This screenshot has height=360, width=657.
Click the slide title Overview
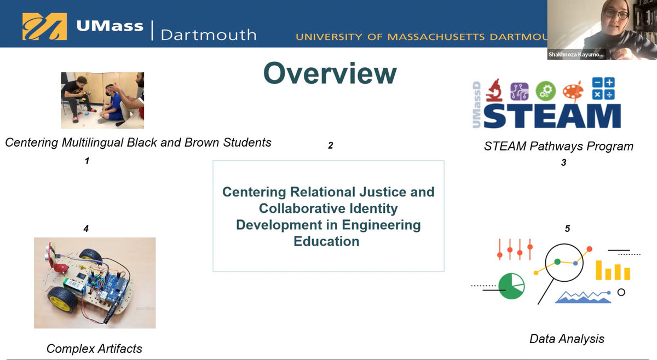(330, 73)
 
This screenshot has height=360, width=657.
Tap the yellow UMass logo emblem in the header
(44, 26)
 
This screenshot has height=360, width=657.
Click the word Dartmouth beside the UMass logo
(208, 34)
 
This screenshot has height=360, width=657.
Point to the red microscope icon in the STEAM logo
(494, 90)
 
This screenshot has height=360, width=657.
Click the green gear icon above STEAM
(545, 91)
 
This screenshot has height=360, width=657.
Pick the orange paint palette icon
(574, 90)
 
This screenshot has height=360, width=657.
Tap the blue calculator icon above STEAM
(603, 89)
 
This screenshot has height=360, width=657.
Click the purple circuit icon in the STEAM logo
(519, 91)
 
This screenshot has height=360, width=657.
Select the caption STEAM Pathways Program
(558, 146)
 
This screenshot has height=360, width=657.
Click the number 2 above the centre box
(331, 146)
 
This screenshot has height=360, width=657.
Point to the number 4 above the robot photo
(86, 229)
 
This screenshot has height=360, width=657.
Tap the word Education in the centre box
(326, 241)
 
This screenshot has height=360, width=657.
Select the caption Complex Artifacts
(94, 349)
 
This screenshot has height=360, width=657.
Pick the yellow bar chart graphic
(613, 271)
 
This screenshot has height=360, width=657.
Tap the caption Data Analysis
(567, 339)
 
